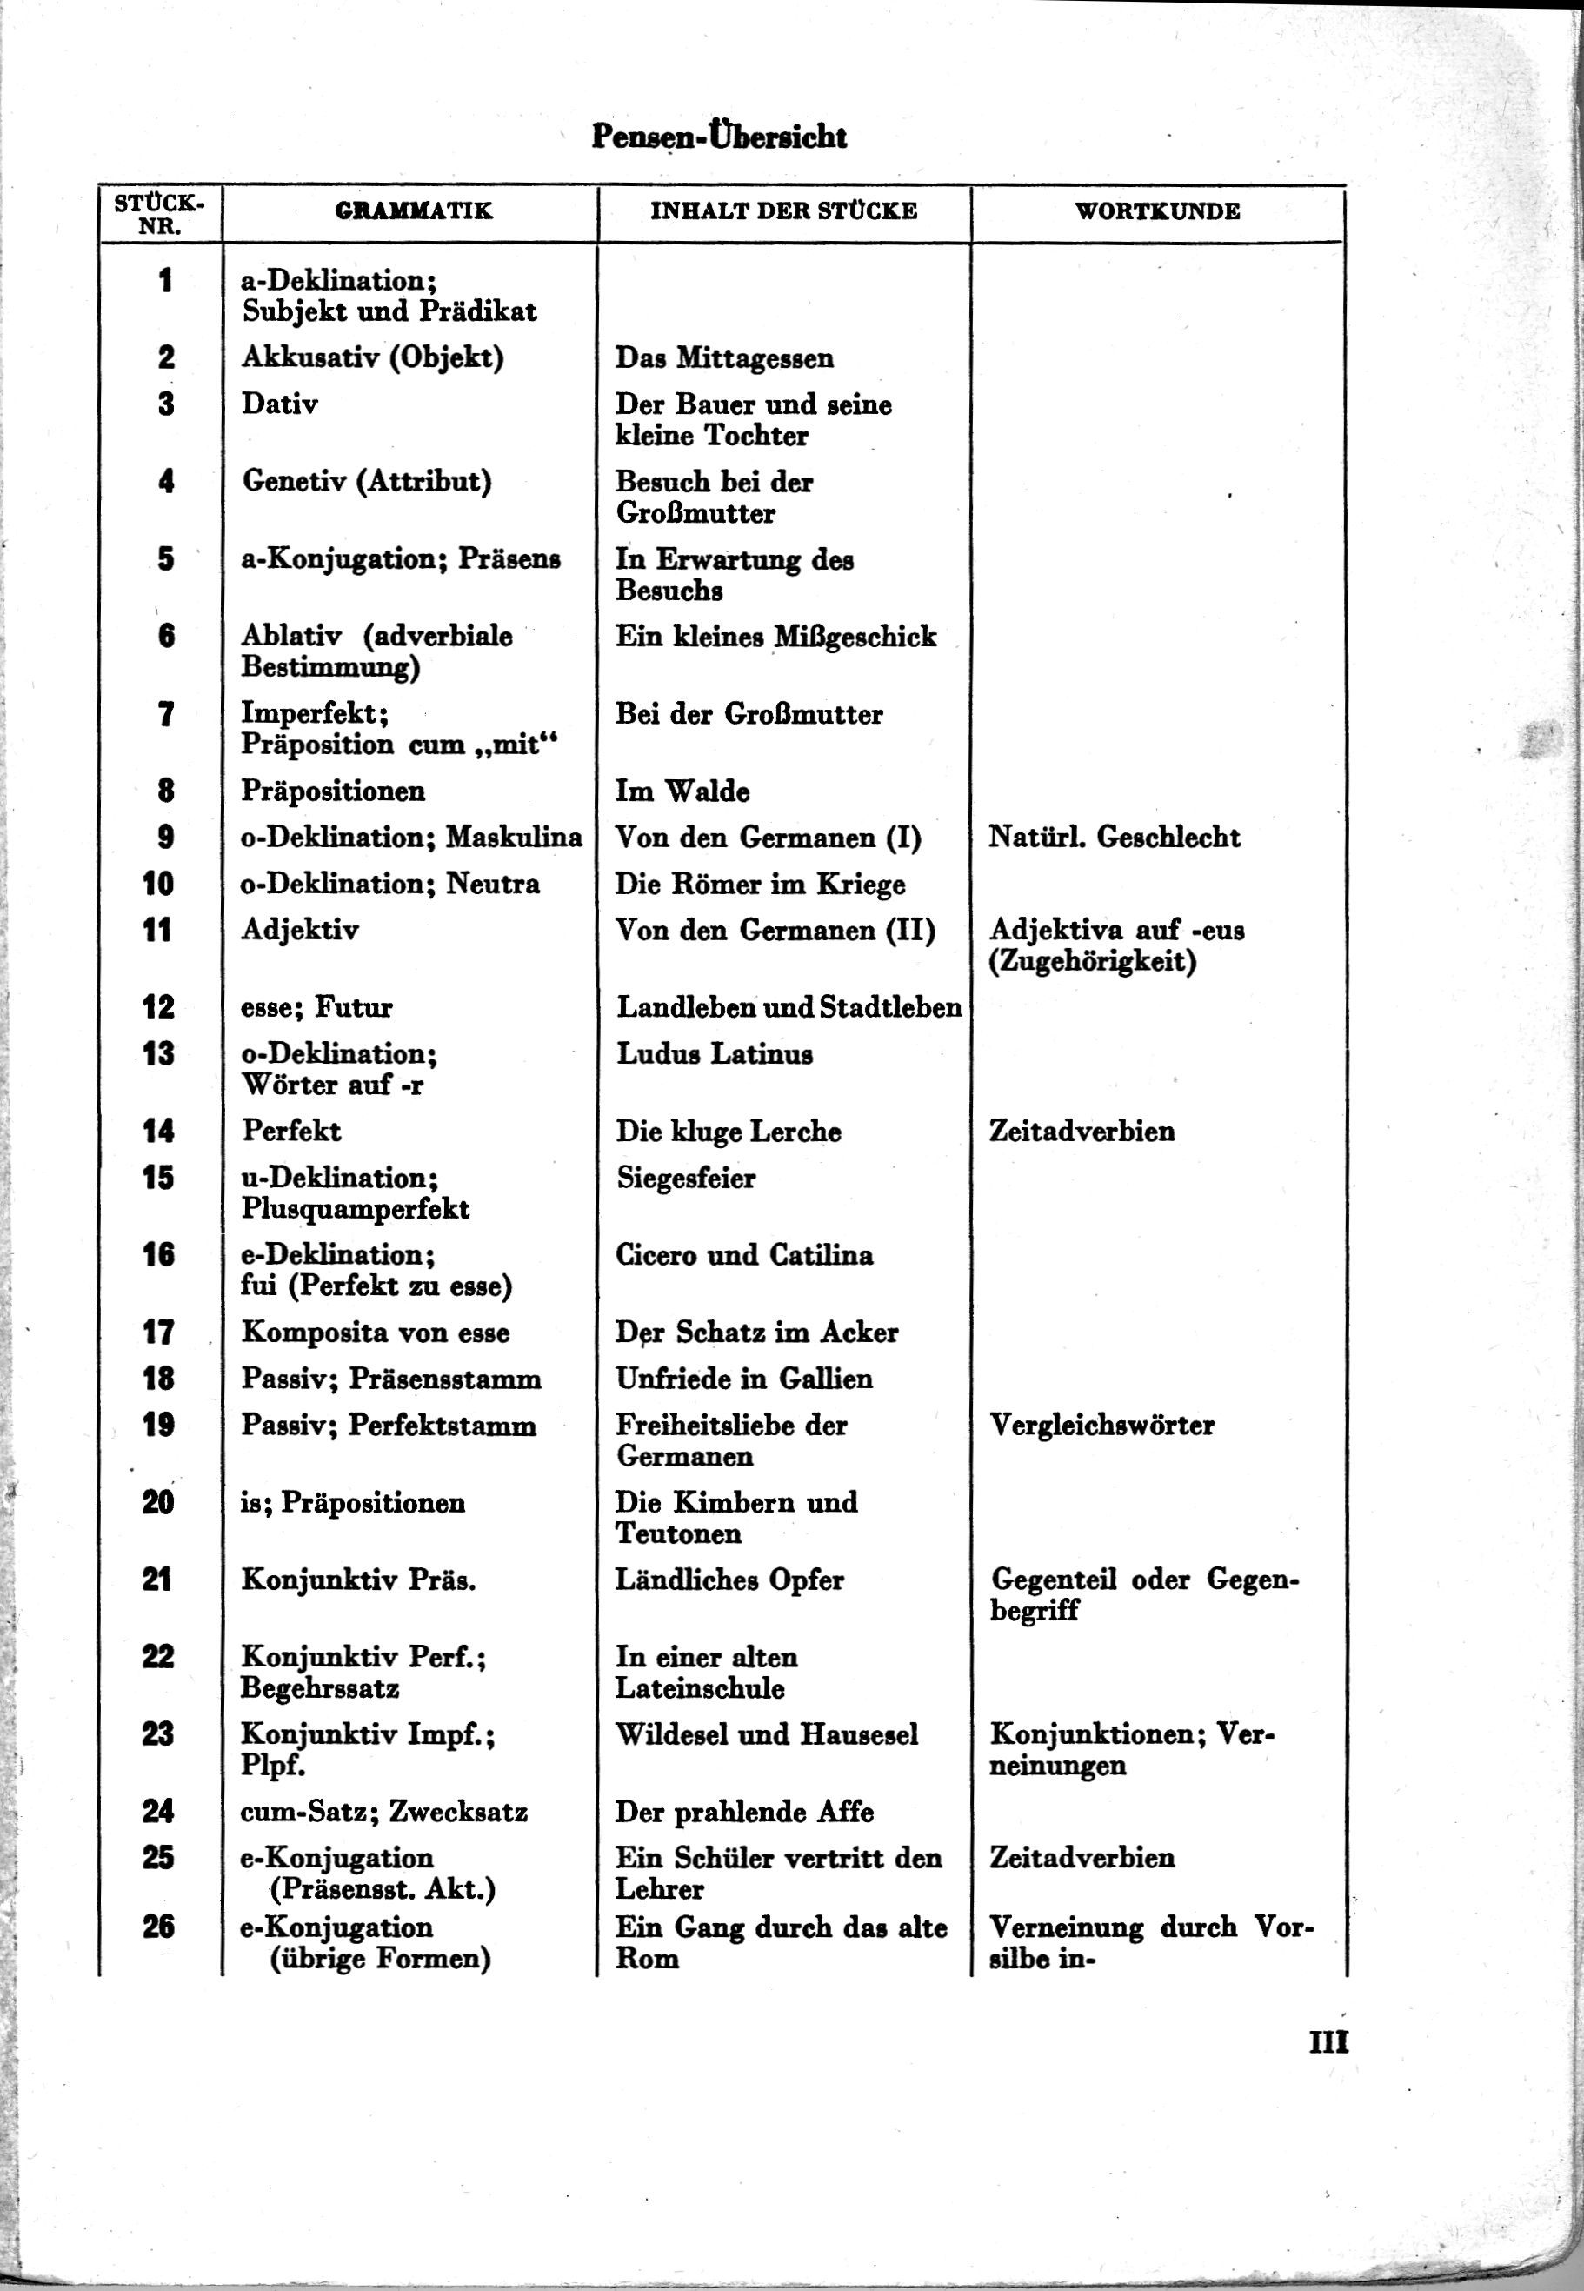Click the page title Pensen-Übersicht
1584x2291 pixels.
coord(719,136)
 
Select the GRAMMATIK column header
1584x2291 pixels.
coord(413,210)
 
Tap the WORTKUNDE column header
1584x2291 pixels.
coord(1157,210)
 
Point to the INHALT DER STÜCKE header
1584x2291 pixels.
coord(783,210)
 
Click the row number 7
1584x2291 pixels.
coord(166,714)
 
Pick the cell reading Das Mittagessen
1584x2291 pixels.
coord(723,357)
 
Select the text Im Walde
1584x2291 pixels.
coord(682,791)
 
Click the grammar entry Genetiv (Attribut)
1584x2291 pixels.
coord(366,482)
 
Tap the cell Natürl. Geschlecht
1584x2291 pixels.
coord(1114,837)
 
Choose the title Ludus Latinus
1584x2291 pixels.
coord(714,1053)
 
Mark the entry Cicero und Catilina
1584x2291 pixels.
coord(743,1255)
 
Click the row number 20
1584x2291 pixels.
coord(158,1502)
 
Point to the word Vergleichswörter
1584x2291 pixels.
coord(1101,1426)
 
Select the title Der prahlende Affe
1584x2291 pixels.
coord(743,1812)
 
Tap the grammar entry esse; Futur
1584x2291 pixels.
coord(316,1007)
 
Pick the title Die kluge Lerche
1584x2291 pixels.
coord(728,1132)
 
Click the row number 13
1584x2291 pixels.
coord(158,1053)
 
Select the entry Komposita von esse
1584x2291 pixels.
coord(376,1333)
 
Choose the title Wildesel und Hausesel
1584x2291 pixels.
coord(766,1734)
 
